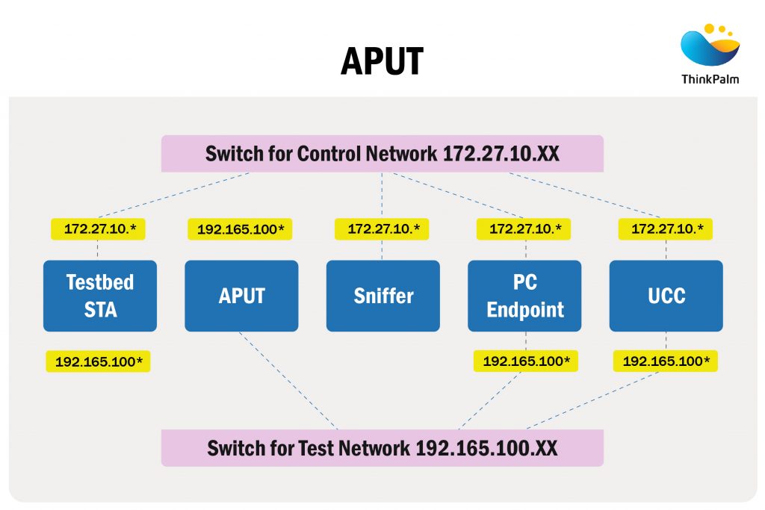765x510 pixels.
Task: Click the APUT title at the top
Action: (382, 61)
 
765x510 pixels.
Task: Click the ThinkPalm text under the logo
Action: (709, 78)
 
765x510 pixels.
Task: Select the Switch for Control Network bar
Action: (382, 154)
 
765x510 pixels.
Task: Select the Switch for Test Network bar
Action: (382, 448)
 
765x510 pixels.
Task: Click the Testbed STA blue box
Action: (100, 296)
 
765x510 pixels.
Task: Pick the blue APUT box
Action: (241, 296)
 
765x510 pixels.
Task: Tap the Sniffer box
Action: (382, 296)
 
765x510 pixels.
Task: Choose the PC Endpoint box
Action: (524, 296)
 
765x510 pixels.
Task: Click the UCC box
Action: (666, 296)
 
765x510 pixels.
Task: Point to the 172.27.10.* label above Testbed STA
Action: (98, 228)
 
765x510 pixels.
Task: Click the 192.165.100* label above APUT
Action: (241, 229)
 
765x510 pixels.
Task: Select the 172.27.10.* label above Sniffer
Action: (382, 228)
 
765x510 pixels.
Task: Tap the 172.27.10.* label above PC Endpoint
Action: (523, 228)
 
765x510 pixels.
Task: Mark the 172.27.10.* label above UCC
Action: (665, 228)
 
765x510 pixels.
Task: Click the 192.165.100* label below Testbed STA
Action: (98, 362)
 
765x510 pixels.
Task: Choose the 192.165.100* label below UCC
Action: (666, 361)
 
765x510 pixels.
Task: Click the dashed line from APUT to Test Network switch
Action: (288, 381)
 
